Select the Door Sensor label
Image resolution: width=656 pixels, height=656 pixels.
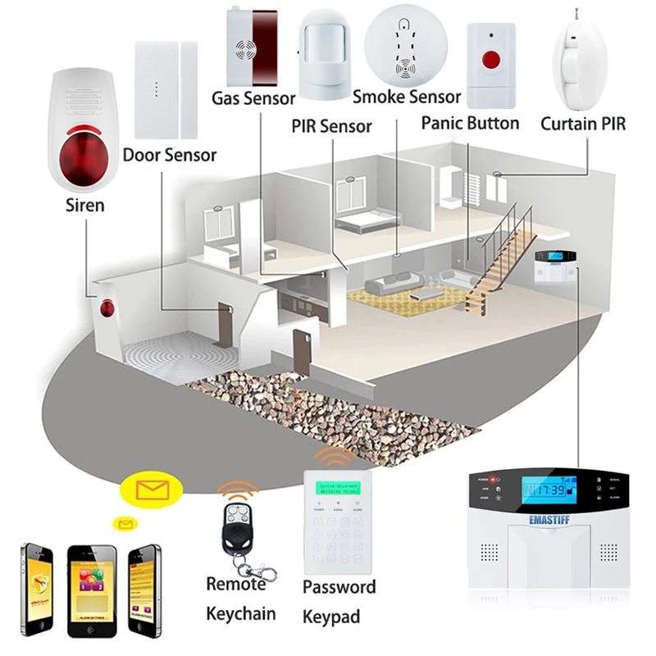pyautogui.click(x=170, y=154)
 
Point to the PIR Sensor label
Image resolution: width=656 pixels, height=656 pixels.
pyautogui.click(x=331, y=125)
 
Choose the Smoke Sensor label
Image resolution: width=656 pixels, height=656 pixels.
pyautogui.click(x=407, y=97)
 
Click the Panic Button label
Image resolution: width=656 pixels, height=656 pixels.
pyautogui.click(x=470, y=123)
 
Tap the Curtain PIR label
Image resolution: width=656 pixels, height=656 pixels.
pyautogui.click(x=583, y=125)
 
